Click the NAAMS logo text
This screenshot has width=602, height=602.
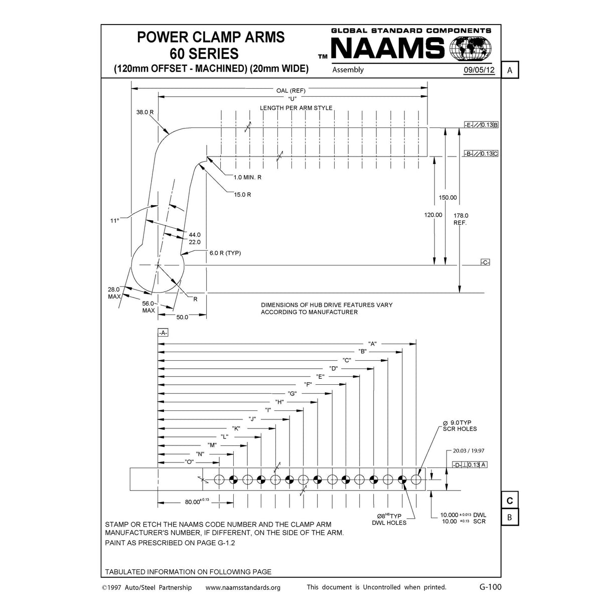[388, 49]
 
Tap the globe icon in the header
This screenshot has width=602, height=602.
[472, 49]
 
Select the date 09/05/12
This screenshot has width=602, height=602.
[479, 70]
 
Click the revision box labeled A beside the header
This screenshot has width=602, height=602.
[510, 70]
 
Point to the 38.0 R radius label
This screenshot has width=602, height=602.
[145, 112]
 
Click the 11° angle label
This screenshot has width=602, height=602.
[115, 220]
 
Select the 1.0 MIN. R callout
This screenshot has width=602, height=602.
[247, 177]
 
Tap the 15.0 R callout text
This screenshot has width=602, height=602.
[242, 194]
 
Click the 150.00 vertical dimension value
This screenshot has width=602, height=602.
[447, 198]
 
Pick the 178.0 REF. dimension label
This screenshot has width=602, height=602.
[461, 219]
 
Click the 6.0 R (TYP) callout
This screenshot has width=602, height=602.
[225, 253]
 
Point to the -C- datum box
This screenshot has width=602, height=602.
[485, 263]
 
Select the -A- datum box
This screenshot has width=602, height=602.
[163, 333]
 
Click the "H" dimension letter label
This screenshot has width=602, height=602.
[279, 402]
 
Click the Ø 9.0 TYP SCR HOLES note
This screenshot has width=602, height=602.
[460, 425]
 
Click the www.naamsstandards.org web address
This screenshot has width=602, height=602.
[243, 587]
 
